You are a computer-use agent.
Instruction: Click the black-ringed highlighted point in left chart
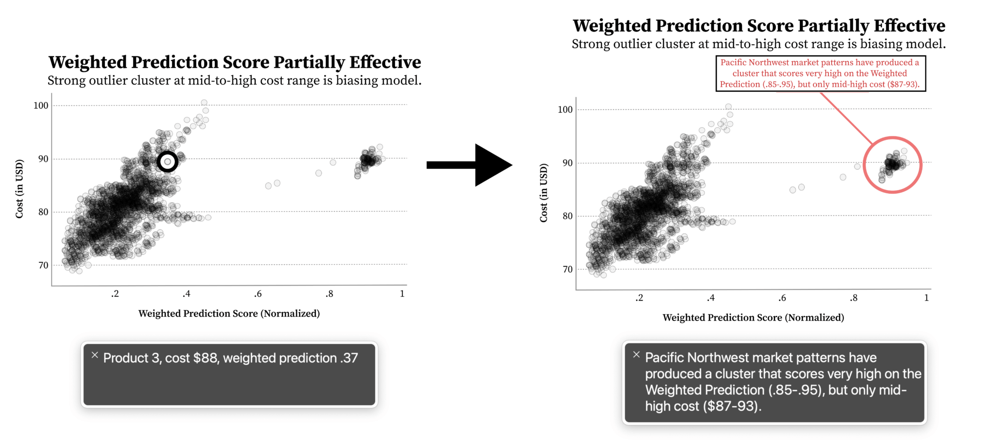[x=168, y=162]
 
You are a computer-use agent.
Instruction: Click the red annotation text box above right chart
[x=820, y=73]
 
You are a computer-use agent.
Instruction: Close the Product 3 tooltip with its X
[x=95, y=355]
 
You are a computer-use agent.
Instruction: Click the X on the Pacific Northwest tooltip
[x=636, y=355]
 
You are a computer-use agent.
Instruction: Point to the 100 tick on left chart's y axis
[x=41, y=105]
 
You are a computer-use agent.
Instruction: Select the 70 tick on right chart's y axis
[x=567, y=270]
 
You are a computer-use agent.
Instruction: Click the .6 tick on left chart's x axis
[x=258, y=294]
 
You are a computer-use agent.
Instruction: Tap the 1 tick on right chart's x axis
[x=926, y=298]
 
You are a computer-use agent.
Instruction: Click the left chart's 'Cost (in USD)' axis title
[x=19, y=188]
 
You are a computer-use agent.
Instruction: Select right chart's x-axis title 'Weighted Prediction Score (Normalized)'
[x=753, y=318]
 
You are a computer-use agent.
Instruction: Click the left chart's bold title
[x=235, y=62]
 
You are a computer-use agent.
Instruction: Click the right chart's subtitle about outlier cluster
[x=758, y=44]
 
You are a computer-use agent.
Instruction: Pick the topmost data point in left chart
[x=204, y=102]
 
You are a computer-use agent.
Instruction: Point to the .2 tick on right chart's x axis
[x=639, y=298]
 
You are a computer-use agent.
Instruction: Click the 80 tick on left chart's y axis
[x=43, y=212]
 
